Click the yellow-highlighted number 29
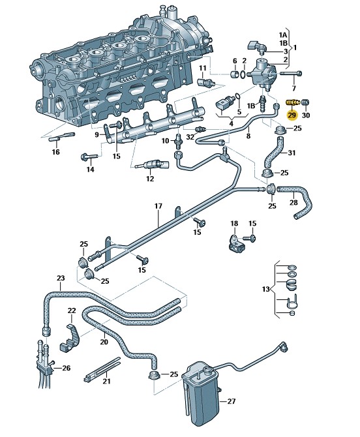[x=292, y=115]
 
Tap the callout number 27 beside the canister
[x=232, y=401]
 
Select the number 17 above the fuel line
[x=158, y=206]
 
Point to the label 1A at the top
[x=283, y=35]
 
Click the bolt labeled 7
[x=291, y=74]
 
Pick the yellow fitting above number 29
[x=293, y=103]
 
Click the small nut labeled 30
[x=306, y=102]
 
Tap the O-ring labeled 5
[x=238, y=97]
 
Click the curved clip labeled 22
[x=70, y=337]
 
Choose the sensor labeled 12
[x=152, y=164]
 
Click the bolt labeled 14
[x=89, y=157]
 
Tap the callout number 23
[x=61, y=278]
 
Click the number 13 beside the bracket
[x=266, y=289]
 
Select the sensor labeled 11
[x=206, y=82]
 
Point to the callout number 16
[x=55, y=152]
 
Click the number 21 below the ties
[x=106, y=381]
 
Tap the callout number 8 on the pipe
[x=248, y=136]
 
